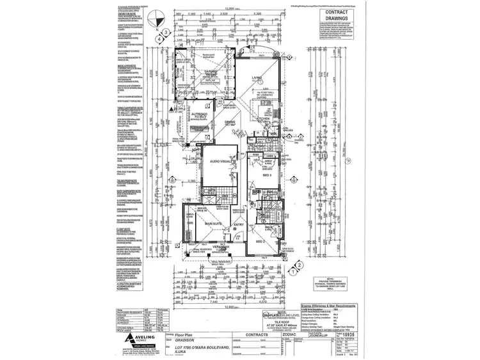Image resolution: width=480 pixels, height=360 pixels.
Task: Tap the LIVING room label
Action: pyautogui.click(x=257, y=79)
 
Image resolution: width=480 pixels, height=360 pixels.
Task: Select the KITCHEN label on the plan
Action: pyautogui.click(x=263, y=119)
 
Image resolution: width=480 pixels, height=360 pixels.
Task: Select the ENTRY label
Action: pyautogui.click(x=238, y=224)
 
